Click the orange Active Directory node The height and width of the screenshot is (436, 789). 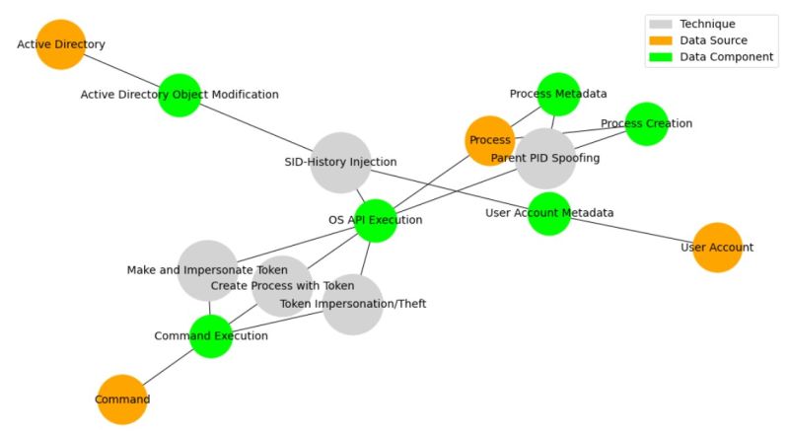pyautogui.click(x=61, y=44)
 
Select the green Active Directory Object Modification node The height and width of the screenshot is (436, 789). pyautogui.click(x=179, y=95)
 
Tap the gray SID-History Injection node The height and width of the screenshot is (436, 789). pyautogui.click(x=340, y=162)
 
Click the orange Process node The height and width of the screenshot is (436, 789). pyautogui.click(x=489, y=140)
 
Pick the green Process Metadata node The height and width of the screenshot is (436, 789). pyautogui.click(x=558, y=94)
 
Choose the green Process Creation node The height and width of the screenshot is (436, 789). pyautogui.click(x=647, y=123)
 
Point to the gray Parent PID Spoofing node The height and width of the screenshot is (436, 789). pyautogui.click(x=545, y=158)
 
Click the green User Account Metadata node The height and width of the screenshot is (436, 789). pyautogui.click(x=549, y=213)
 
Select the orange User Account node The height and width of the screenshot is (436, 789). pyautogui.click(x=717, y=247)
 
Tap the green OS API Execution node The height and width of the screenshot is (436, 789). pyautogui.click(x=375, y=220)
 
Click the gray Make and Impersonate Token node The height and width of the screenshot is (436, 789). pyautogui.click(x=207, y=270)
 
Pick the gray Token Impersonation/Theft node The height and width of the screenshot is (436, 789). pyautogui.click(x=352, y=304)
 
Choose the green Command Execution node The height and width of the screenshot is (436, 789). pyautogui.click(x=211, y=335)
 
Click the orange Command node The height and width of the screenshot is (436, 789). pyautogui.click(x=122, y=400)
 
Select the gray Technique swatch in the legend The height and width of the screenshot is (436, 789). pyautogui.click(x=660, y=24)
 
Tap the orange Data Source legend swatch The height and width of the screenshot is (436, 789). pyautogui.click(x=660, y=40)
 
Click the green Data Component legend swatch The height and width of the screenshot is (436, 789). pyautogui.click(x=660, y=57)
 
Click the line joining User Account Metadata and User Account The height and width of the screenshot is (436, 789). pyautogui.click(x=633, y=230)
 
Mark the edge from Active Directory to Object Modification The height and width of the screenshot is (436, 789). pyautogui.click(x=120, y=69)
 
